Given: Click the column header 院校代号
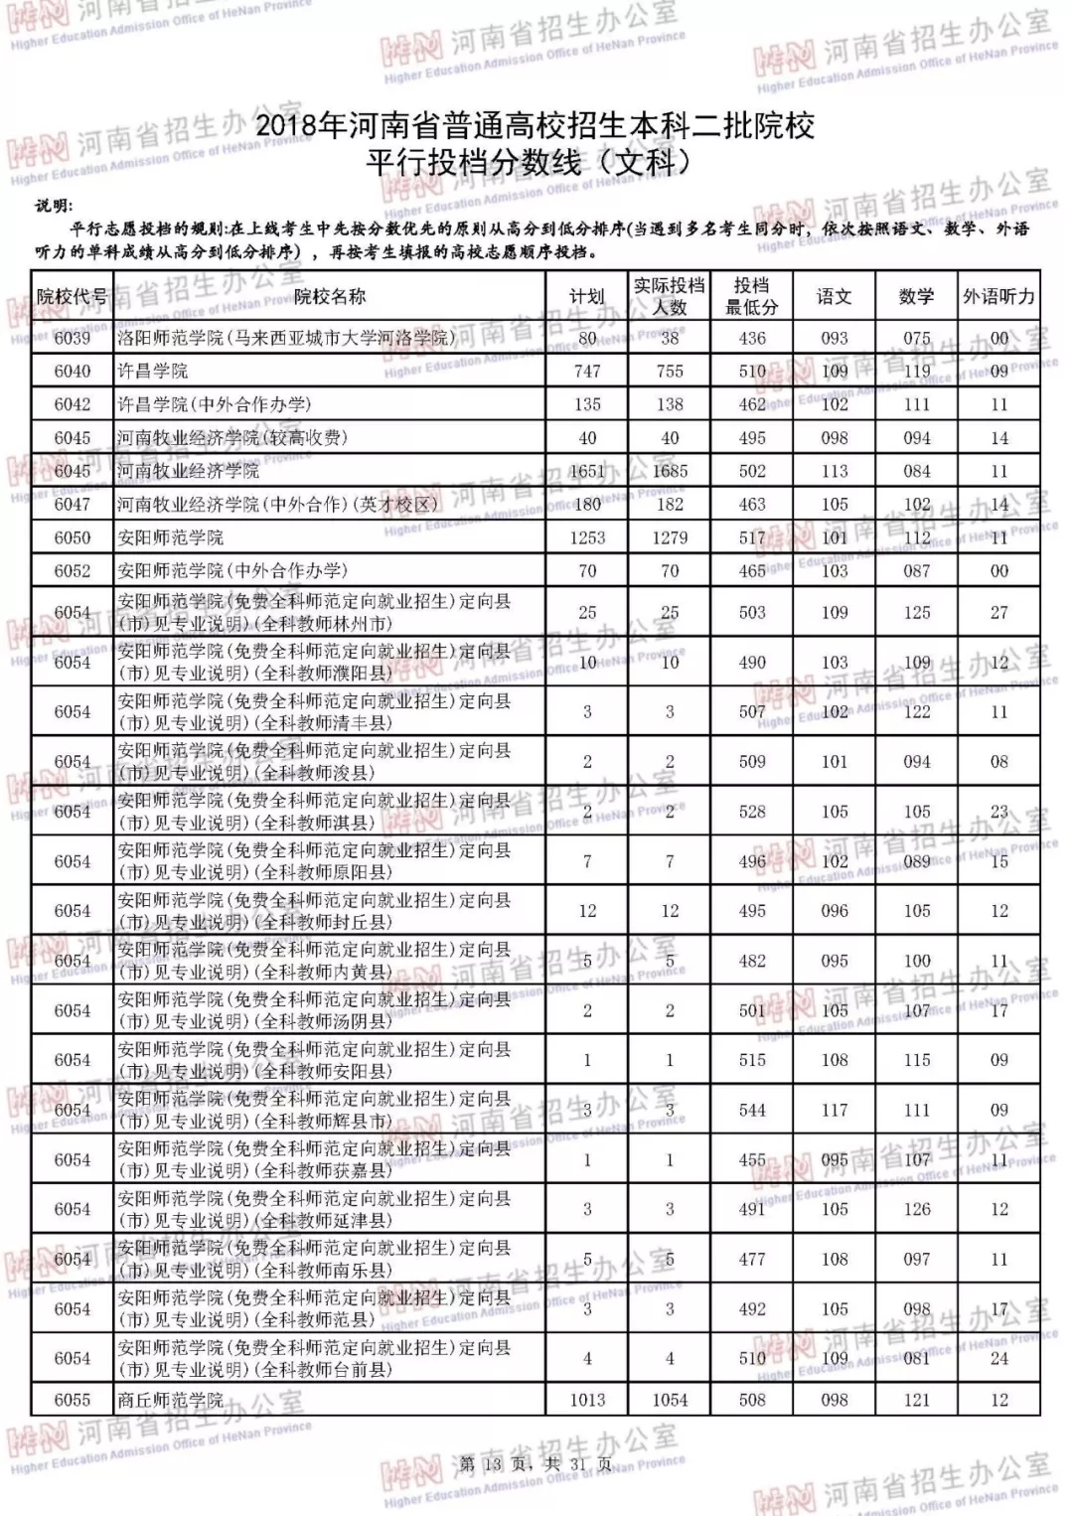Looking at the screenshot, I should click(72, 296).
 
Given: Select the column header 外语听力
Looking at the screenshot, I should click(998, 296).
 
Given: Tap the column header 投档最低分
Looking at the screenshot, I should click(752, 296).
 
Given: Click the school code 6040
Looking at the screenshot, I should click(72, 371).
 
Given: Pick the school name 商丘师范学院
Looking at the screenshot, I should click(170, 1400).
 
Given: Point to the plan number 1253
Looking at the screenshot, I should click(587, 537).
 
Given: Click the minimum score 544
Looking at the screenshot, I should click(752, 1110).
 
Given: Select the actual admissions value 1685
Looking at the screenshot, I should click(670, 471).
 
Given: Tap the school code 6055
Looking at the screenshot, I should click(72, 1400).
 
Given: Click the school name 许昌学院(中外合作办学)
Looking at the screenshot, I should click(214, 404).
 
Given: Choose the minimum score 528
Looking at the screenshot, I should click(752, 812).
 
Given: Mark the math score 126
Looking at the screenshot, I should click(917, 1209).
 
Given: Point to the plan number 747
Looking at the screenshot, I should click(587, 371).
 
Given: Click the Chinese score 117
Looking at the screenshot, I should click(835, 1110).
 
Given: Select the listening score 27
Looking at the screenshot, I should click(998, 613).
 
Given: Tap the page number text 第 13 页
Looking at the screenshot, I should click(492, 1464).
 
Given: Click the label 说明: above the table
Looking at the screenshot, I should click(53, 207).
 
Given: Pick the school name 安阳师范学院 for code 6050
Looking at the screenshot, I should click(170, 537).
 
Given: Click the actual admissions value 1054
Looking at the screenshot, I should click(670, 1400).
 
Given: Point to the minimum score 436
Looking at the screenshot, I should click(752, 338).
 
